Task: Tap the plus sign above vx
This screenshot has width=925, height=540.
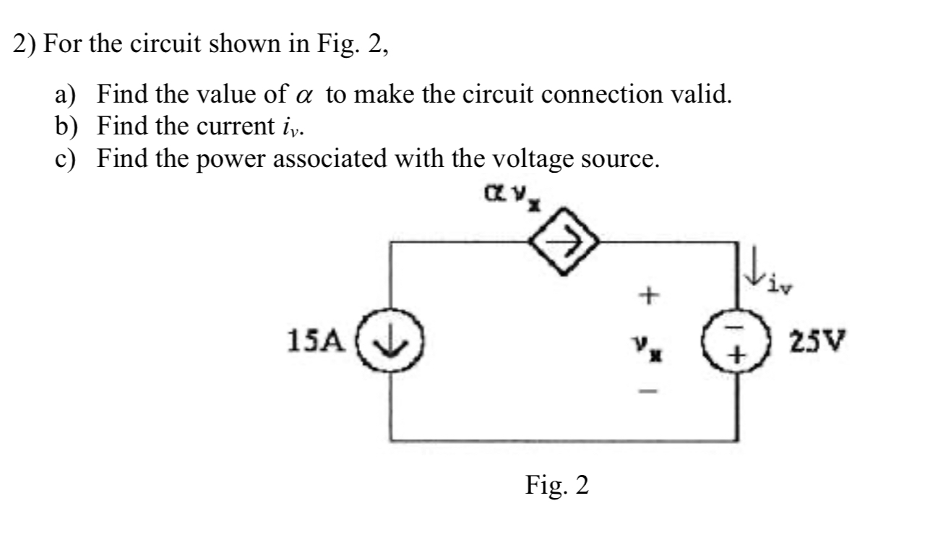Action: click(x=649, y=295)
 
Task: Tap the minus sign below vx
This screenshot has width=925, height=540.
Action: click(x=649, y=391)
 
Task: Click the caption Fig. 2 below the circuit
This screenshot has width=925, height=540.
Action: click(x=556, y=485)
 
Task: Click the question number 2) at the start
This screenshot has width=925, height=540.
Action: click(x=27, y=46)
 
